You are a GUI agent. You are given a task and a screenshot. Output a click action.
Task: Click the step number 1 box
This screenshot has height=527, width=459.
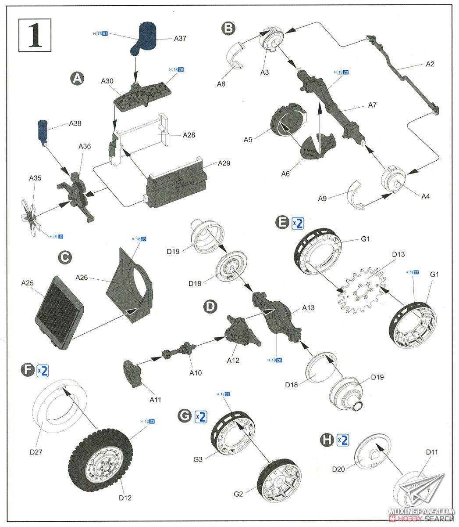[35, 35]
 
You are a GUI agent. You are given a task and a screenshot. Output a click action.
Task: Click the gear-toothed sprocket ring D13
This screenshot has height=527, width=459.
[361, 290]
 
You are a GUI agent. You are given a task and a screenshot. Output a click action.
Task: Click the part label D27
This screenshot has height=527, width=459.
[36, 451]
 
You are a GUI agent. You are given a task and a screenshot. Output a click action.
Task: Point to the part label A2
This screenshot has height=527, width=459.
[430, 64]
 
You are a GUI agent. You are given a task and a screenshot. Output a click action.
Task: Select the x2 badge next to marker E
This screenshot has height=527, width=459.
[297, 223]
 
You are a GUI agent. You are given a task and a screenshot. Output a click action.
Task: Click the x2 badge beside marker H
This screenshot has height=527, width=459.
[342, 440]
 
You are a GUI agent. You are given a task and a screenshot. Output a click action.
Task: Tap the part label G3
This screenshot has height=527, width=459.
[198, 459]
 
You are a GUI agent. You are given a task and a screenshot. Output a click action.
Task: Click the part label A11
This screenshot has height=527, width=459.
[155, 400]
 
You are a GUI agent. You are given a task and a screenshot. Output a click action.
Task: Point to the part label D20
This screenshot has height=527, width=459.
[338, 469]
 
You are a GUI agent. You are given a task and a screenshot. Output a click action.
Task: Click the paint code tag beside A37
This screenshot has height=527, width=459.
[101, 34]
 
